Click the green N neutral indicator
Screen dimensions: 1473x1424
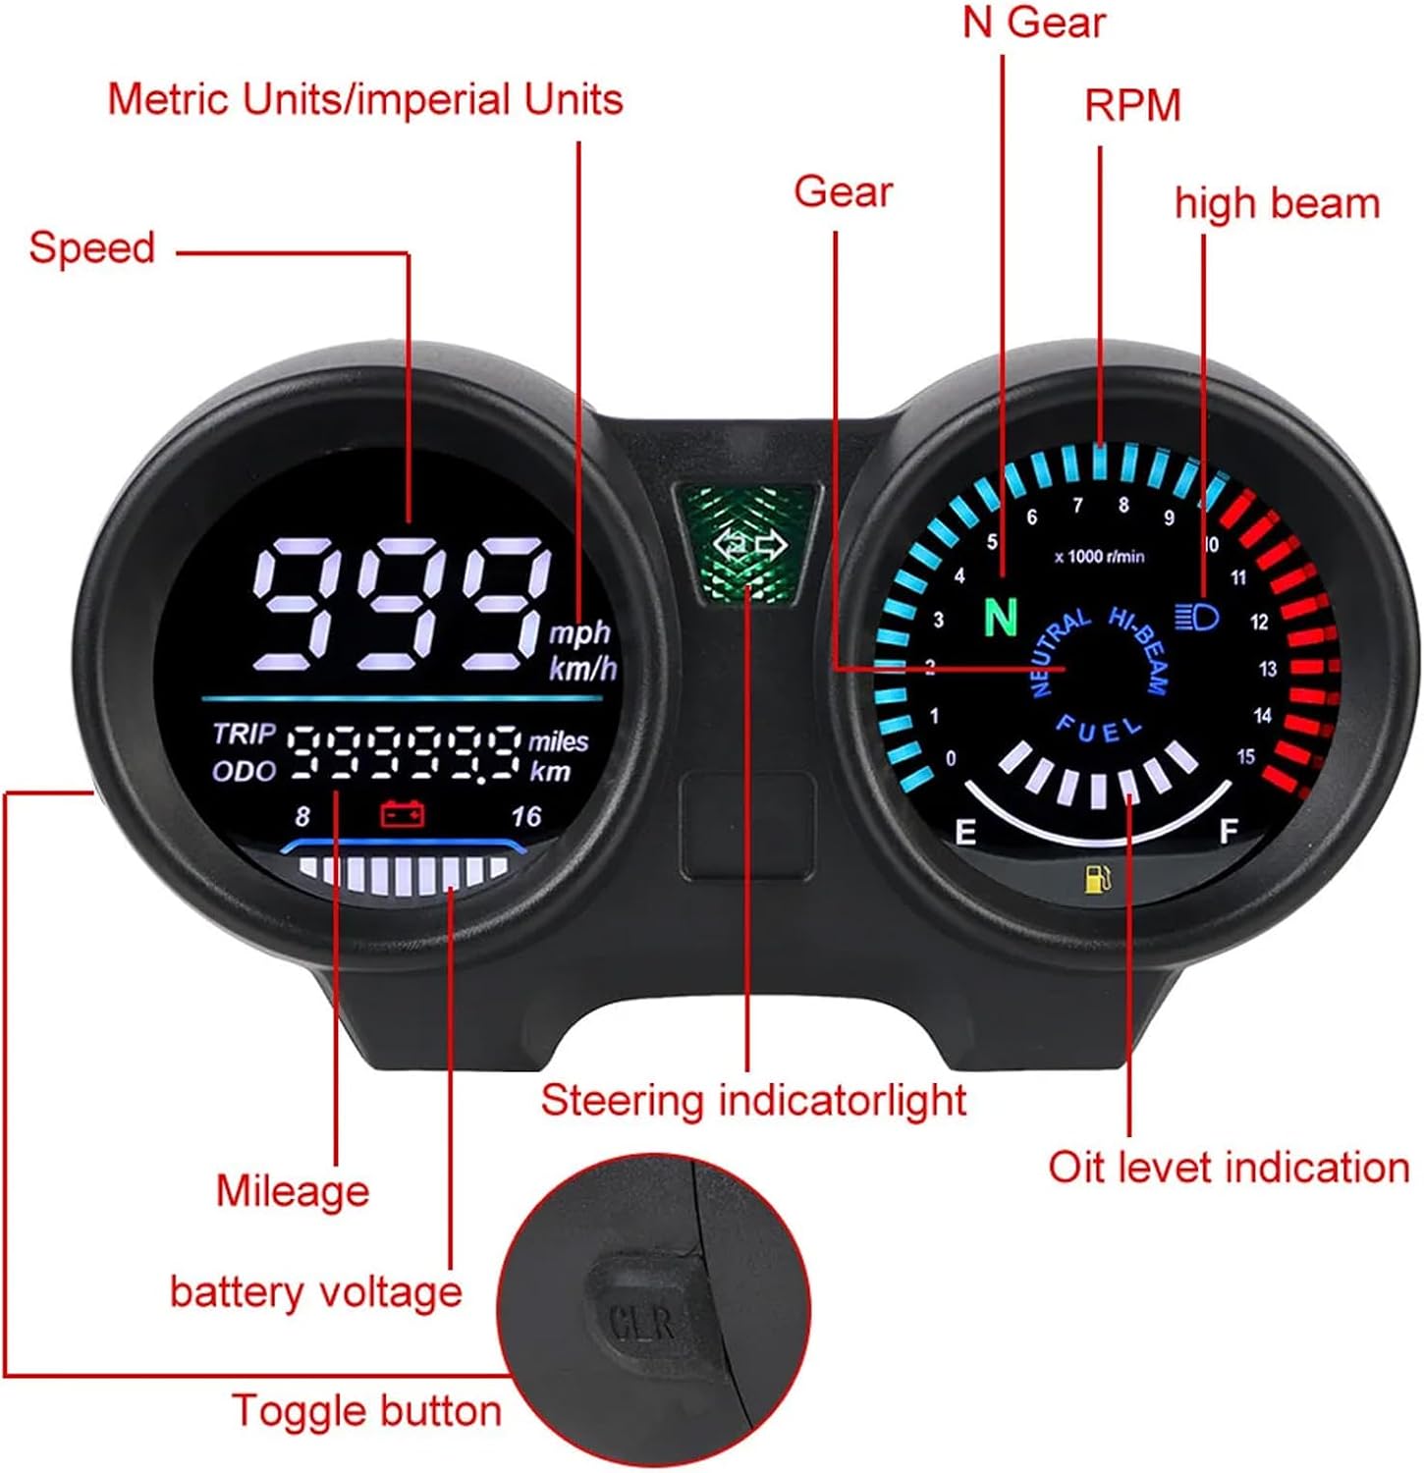(x=1000, y=617)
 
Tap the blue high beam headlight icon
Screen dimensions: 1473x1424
(x=1197, y=617)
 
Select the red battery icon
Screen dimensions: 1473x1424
(x=403, y=813)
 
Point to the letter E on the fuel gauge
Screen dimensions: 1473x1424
(x=965, y=833)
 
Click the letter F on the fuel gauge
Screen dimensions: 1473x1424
(x=1228, y=832)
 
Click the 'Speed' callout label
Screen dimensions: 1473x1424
(x=92, y=247)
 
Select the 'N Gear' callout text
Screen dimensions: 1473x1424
(x=1034, y=23)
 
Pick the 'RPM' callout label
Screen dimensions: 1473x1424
(x=1132, y=106)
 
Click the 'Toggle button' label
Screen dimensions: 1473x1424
(x=366, y=1411)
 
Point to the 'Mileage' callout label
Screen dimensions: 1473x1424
(x=293, y=1191)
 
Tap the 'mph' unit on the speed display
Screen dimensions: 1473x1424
(x=579, y=632)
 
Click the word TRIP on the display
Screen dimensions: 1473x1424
(x=245, y=734)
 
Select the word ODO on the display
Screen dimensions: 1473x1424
(x=244, y=771)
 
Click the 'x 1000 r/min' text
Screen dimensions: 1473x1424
(x=1099, y=557)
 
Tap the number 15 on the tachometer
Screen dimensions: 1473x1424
(x=1245, y=756)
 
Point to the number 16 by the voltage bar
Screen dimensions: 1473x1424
(x=526, y=816)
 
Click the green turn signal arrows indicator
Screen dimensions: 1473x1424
(x=751, y=546)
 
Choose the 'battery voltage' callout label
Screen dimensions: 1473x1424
(x=315, y=1292)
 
